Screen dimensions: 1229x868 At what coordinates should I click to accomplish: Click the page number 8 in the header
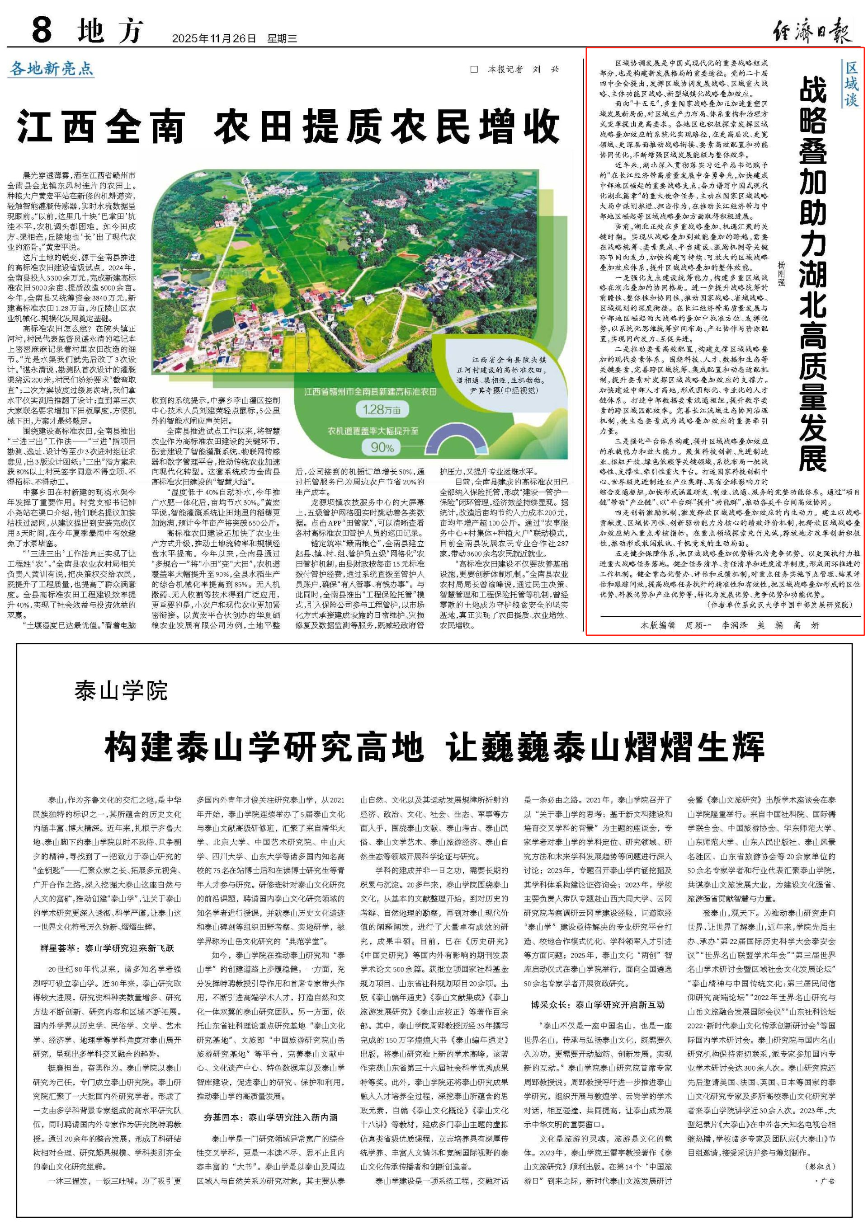tap(42, 30)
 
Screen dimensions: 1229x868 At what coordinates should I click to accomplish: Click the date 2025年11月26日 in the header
tap(214, 38)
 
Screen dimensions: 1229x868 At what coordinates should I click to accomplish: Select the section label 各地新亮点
tap(52, 69)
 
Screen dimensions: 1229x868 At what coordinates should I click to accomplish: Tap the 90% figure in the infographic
tap(382, 447)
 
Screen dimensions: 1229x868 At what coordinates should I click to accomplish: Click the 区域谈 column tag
tap(851, 84)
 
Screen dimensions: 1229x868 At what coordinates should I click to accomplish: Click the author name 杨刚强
tap(781, 273)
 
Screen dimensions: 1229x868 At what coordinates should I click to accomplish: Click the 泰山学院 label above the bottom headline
tap(121, 691)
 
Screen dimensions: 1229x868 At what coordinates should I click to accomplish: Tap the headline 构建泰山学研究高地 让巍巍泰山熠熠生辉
tap(434, 748)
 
